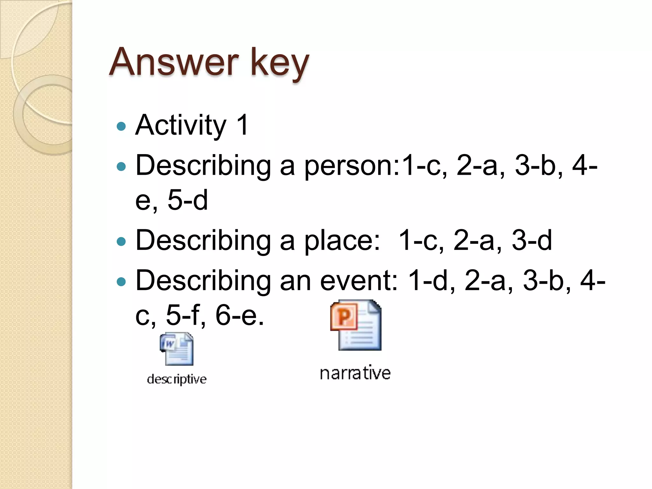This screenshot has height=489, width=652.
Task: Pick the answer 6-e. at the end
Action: (239, 315)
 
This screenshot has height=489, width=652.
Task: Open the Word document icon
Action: (177, 349)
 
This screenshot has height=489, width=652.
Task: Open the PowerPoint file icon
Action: (356, 325)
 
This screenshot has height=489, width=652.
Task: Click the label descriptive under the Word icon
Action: (177, 379)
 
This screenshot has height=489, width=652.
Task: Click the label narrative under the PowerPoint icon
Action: (355, 373)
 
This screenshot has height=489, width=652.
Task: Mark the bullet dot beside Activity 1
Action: (121, 126)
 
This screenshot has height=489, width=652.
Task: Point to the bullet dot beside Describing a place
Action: (121, 242)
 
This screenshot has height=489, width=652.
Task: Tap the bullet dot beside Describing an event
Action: (121, 282)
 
